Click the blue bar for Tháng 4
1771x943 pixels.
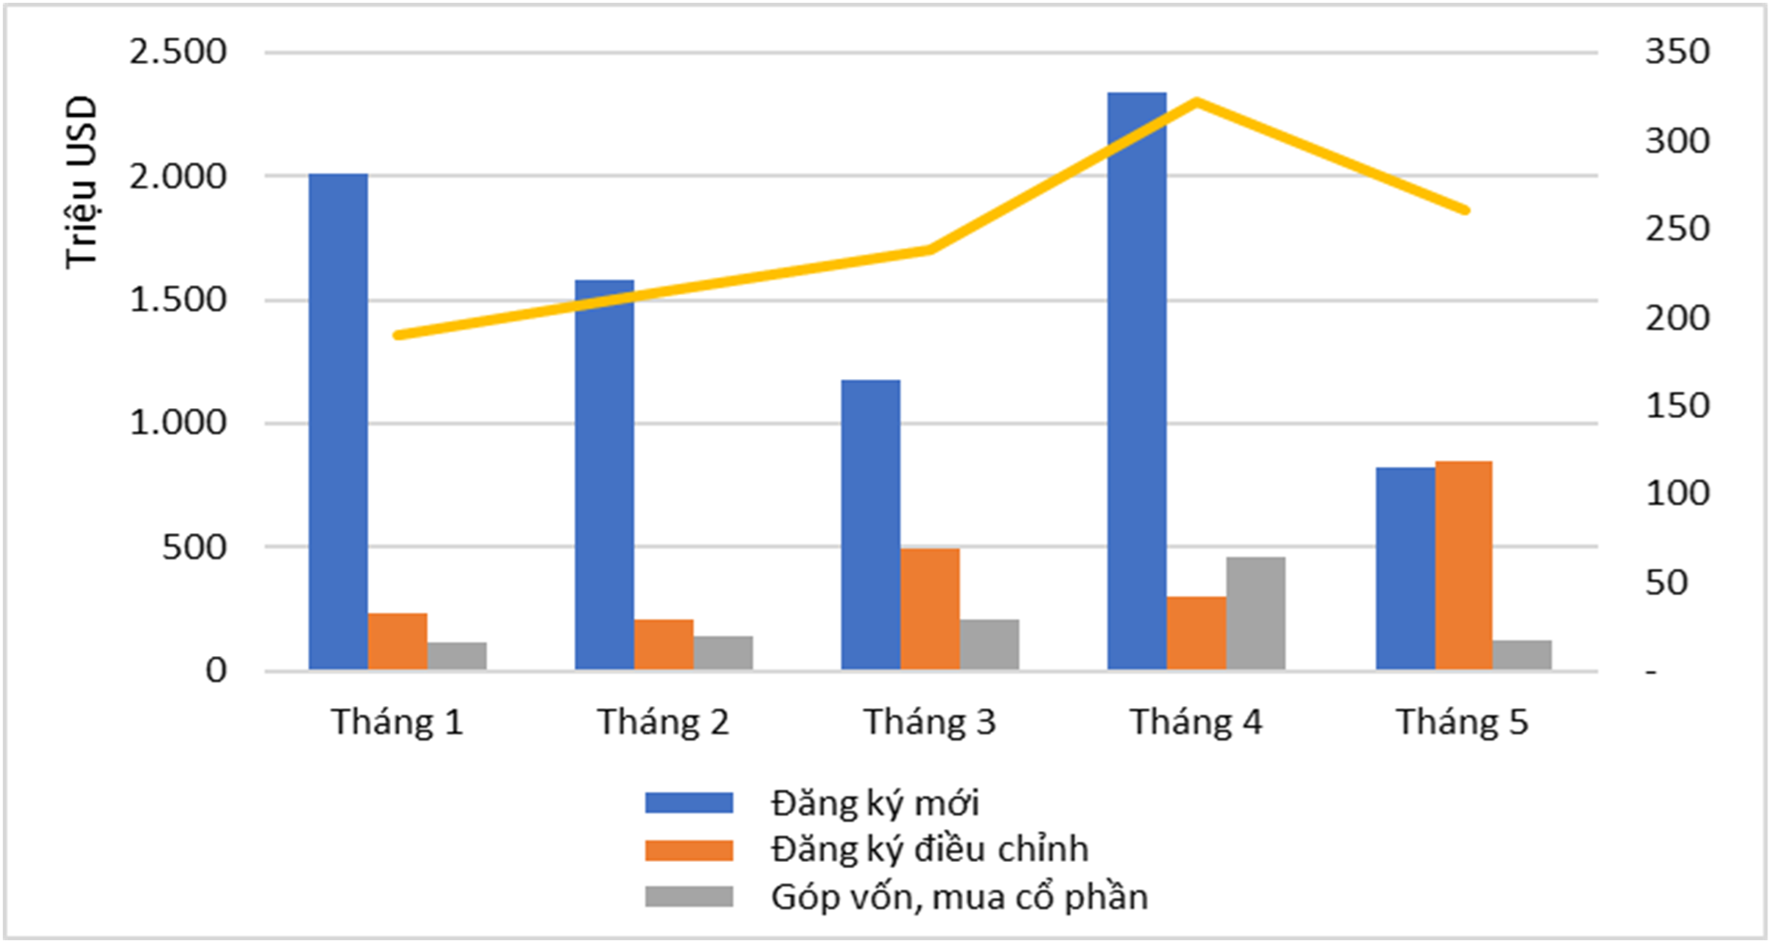1136,383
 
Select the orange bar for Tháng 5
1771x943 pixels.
1463,566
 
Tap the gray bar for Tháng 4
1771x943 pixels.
1255,613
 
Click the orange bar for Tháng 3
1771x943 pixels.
929,609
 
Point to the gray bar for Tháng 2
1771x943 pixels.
723,652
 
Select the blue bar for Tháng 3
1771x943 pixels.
870,525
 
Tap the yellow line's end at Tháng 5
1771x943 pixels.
1465,210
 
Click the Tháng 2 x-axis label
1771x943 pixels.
663,723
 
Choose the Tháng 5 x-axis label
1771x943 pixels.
1462,723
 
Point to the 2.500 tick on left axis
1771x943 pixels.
178,52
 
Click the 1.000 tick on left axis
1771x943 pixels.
178,423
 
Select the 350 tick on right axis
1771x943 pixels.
1676,52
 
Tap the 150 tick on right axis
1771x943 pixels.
1676,405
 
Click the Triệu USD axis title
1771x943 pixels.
81,182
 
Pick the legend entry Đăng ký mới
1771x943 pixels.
874,804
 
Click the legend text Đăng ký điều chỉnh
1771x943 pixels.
928,849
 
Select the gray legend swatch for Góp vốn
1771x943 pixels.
689,897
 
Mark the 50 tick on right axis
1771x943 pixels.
1666,583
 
